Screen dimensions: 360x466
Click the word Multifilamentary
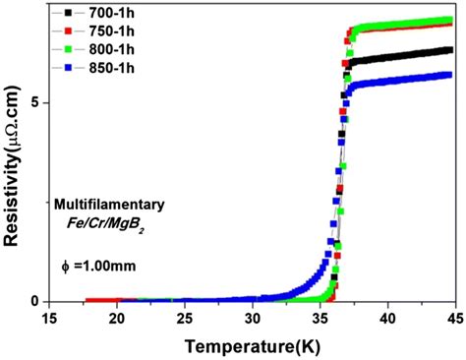tap(116, 205)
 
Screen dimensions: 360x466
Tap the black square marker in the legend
tap(68, 15)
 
